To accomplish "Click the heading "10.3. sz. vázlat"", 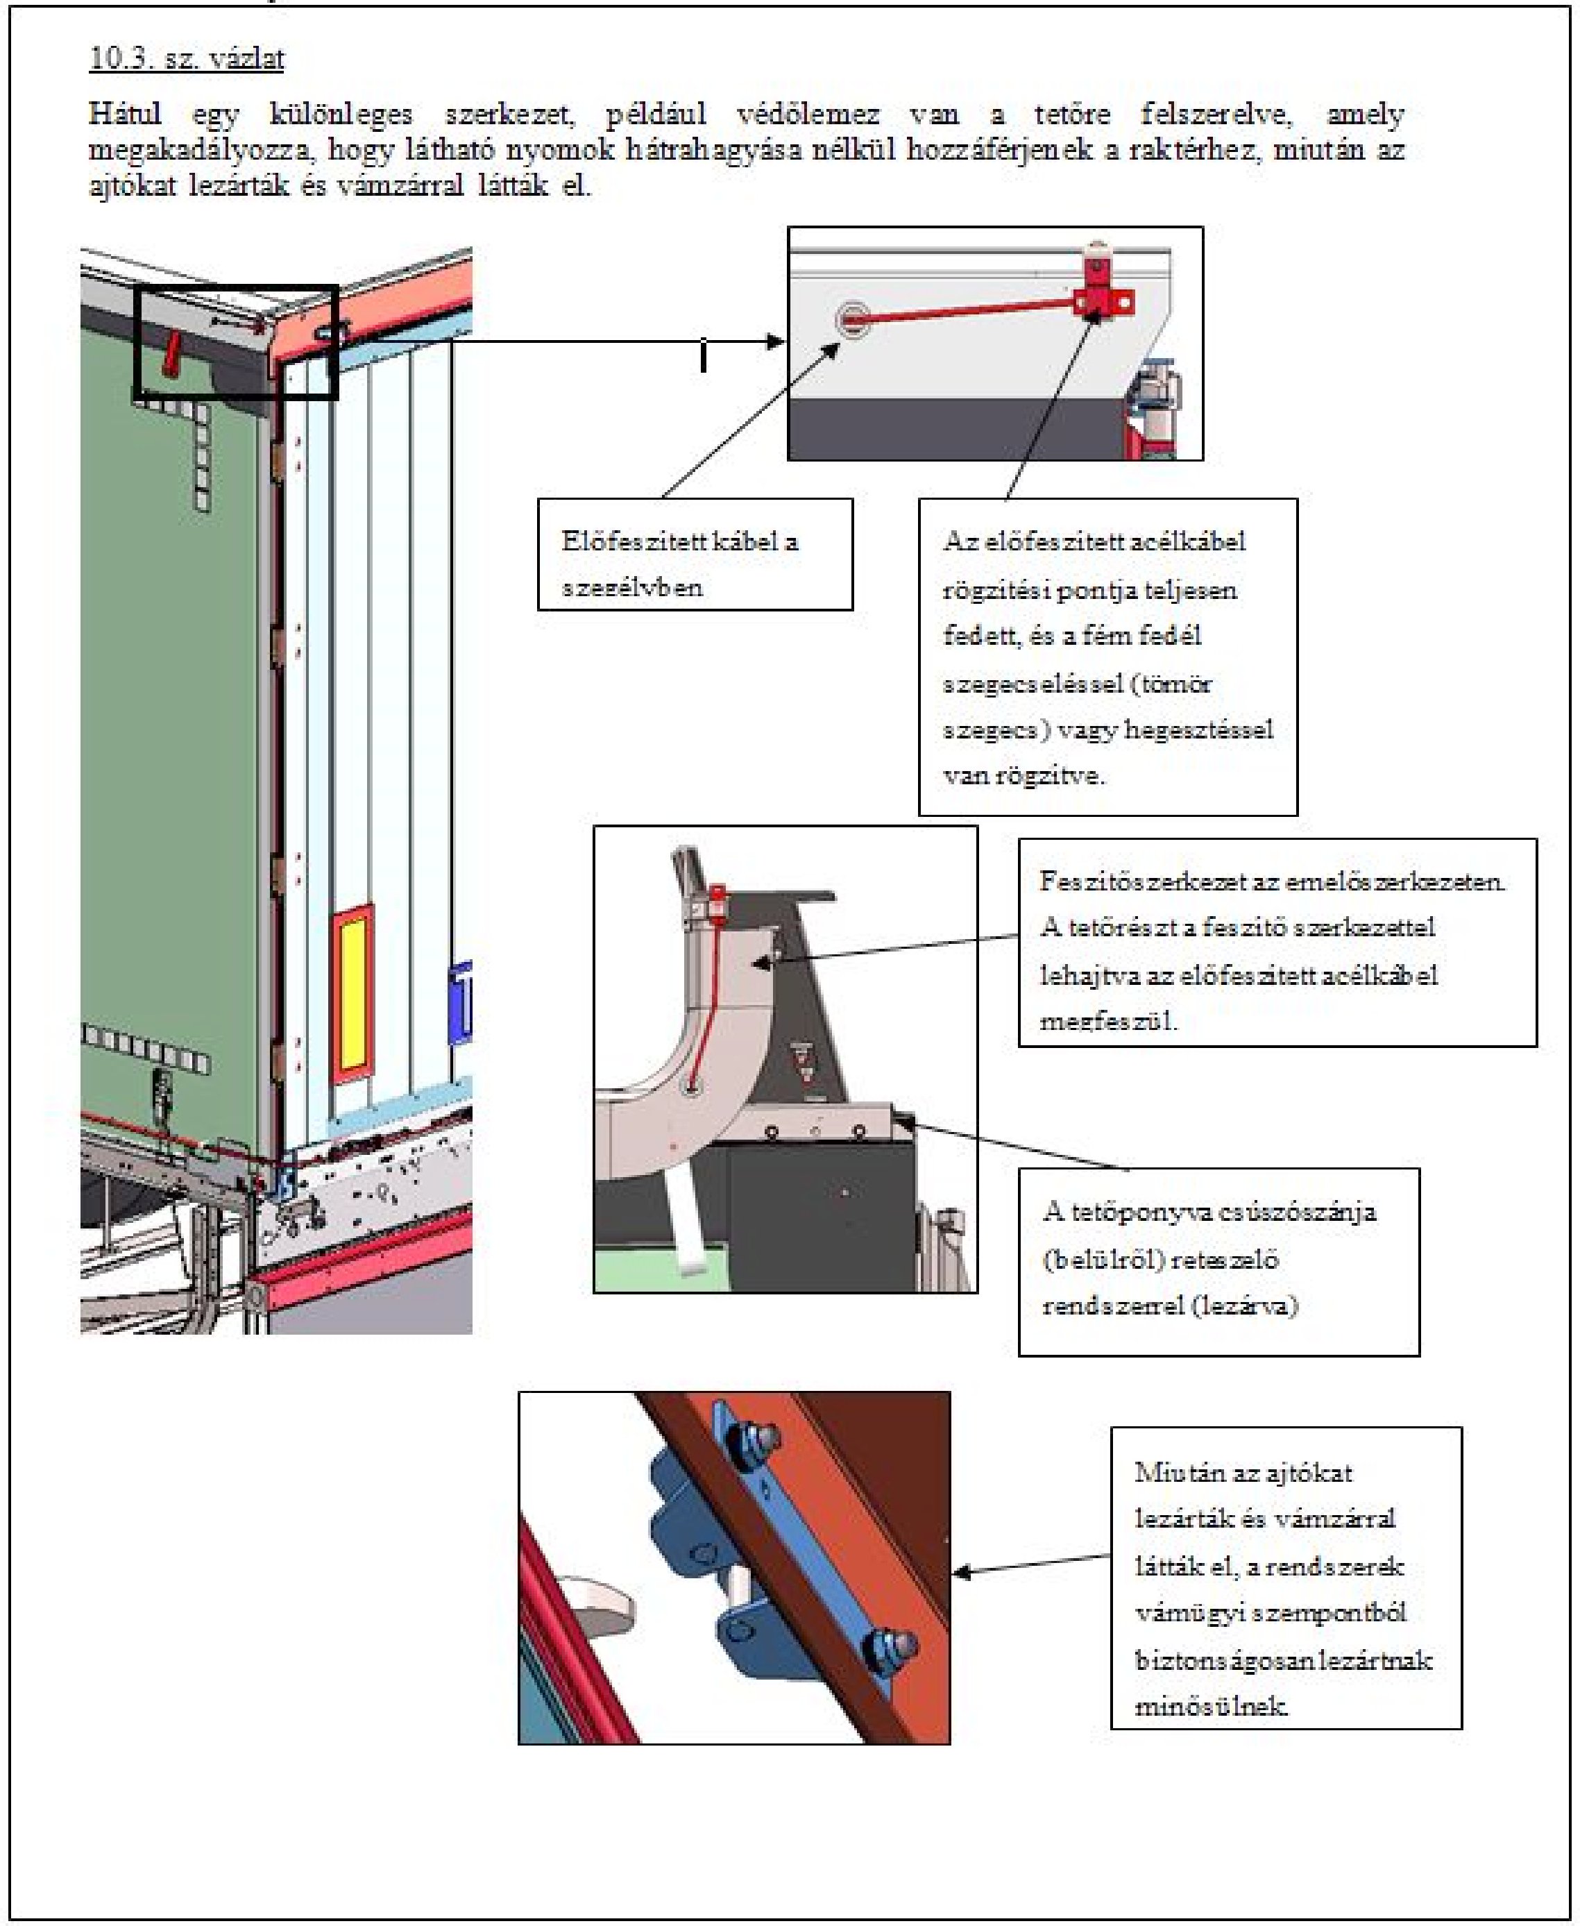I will (x=187, y=58).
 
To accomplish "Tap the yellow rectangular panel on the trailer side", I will (x=353, y=994).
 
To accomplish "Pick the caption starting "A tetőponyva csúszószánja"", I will (x=1218, y=1262).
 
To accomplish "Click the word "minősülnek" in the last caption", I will (x=1210, y=1706).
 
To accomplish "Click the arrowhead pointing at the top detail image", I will (x=776, y=342).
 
